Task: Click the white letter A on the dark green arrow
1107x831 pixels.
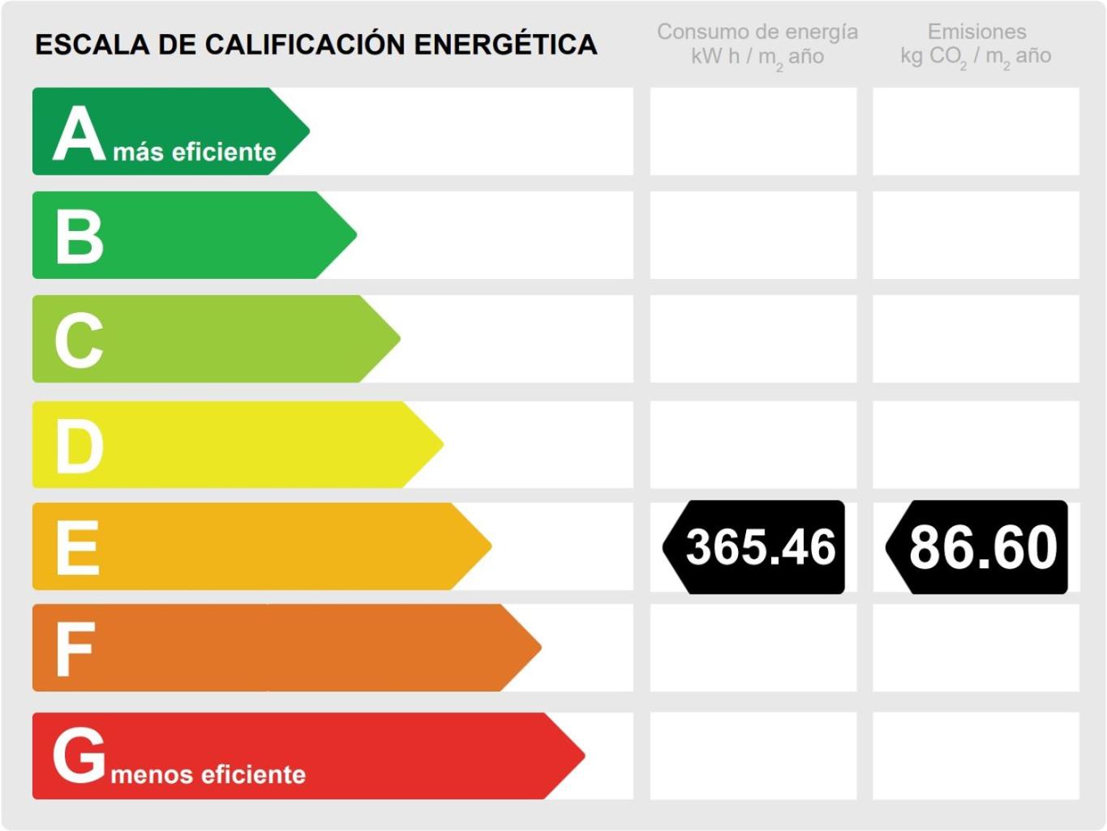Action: click(x=79, y=134)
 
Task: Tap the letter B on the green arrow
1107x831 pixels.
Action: click(x=79, y=237)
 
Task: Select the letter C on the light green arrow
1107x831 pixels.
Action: click(x=79, y=341)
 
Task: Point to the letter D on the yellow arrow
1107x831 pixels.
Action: click(x=79, y=446)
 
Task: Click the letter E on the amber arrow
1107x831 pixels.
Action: click(x=78, y=548)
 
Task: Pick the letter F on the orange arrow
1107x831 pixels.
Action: click(x=75, y=649)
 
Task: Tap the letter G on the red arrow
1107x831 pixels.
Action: click(x=79, y=755)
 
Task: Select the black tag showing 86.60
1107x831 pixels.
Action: click(x=978, y=547)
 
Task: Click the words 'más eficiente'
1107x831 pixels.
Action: click(x=195, y=152)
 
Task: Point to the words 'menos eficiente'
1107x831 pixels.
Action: click(x=208, y=775)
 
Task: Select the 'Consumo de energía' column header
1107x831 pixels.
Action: click(x=757, y=32)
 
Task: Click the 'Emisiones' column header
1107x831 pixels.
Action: click(x=976, y=32)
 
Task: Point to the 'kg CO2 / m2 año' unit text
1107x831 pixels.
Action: click(x=976, y=57)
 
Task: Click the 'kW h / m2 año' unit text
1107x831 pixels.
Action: click(x=757, y=57)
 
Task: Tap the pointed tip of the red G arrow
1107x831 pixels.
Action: click(x=583, y=756)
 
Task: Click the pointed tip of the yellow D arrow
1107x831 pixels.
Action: click(x=442, y=444)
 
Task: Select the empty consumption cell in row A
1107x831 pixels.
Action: click(x=753, y=131)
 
